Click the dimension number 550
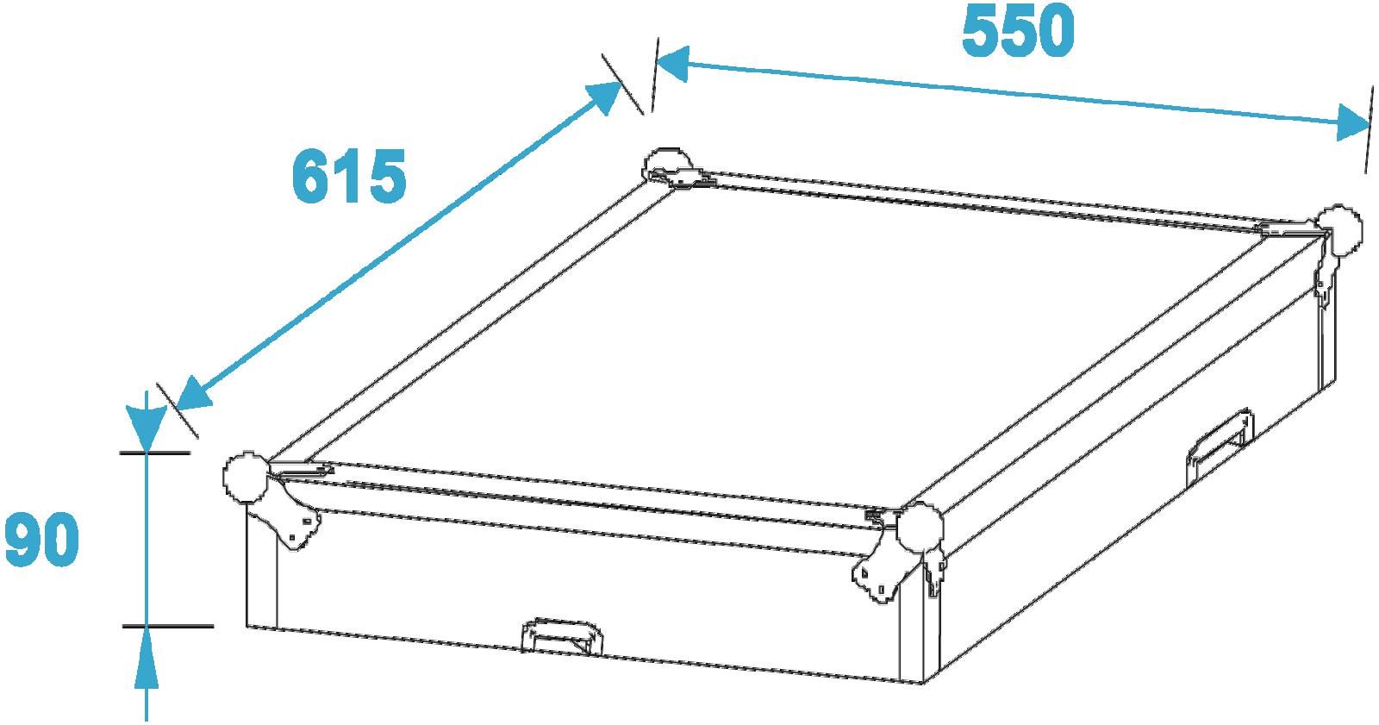tap(1018, 31)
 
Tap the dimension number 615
tap(349, 177)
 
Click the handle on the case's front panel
tap(562, 635)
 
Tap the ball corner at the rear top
tap(668, 164)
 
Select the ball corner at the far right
tap(1338, 230)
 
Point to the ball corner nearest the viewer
tap(920, 528)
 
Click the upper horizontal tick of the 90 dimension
tap(155, 453)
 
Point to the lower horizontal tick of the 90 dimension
tap(167, 626)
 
